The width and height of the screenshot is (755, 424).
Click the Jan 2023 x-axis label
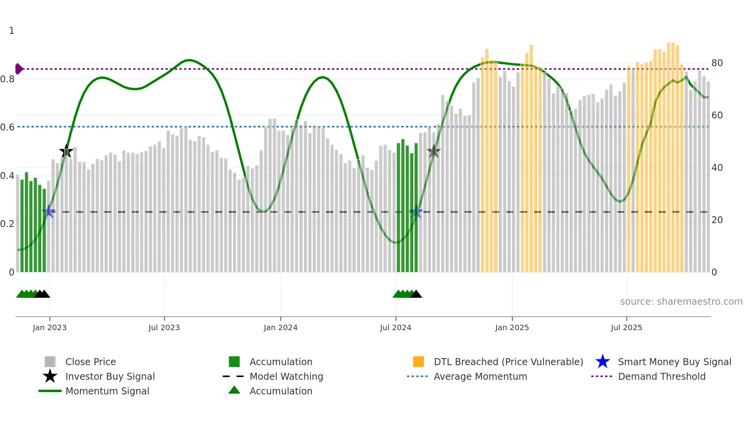[49, 327]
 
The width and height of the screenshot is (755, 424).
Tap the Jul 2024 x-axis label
[396, 327]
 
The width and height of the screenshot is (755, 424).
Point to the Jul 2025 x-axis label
[626, 327]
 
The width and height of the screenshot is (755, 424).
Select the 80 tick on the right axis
[717, 63]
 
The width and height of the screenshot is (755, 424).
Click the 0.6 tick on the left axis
[7, 127]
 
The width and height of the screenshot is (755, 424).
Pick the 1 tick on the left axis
[12, 31]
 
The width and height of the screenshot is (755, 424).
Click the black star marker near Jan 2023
[66, 152]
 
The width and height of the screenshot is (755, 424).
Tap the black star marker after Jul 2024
[434, 152]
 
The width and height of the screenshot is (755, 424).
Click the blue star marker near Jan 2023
[49, 212]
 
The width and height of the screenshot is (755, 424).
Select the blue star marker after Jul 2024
[416, 212]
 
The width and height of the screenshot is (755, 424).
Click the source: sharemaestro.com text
[681, 302]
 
